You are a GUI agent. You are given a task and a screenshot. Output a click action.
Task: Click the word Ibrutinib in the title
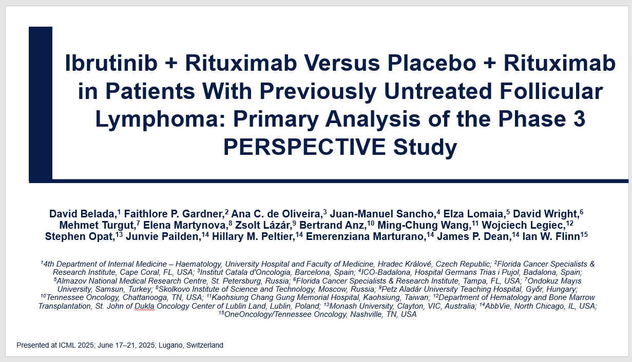pos(111,63)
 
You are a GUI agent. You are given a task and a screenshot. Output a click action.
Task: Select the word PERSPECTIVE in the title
pos(304,147)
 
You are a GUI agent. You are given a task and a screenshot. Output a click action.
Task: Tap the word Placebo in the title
pos(432,63)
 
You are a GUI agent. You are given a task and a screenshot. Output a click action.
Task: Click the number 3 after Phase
pos(579,119)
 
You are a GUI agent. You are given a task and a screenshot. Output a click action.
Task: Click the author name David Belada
pos(82,214)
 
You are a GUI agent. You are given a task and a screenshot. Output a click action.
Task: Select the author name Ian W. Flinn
pos(551,236)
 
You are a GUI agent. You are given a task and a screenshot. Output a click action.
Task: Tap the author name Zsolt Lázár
pos(263,225)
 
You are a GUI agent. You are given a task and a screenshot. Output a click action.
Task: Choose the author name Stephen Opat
pos(79,237)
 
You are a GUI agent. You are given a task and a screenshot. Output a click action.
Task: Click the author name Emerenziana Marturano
pos(366,236)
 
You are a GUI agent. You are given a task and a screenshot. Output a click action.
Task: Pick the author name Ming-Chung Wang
pos(423,226)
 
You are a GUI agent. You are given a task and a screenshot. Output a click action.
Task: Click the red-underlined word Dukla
pos(144,306)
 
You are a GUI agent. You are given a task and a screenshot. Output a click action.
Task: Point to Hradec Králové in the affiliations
pos(405,264)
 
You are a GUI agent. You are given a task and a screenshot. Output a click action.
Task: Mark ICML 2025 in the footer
pos(76,345)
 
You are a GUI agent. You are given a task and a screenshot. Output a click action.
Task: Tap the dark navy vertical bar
pos(41,104)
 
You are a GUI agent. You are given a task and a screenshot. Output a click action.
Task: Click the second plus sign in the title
pos(490,64)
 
